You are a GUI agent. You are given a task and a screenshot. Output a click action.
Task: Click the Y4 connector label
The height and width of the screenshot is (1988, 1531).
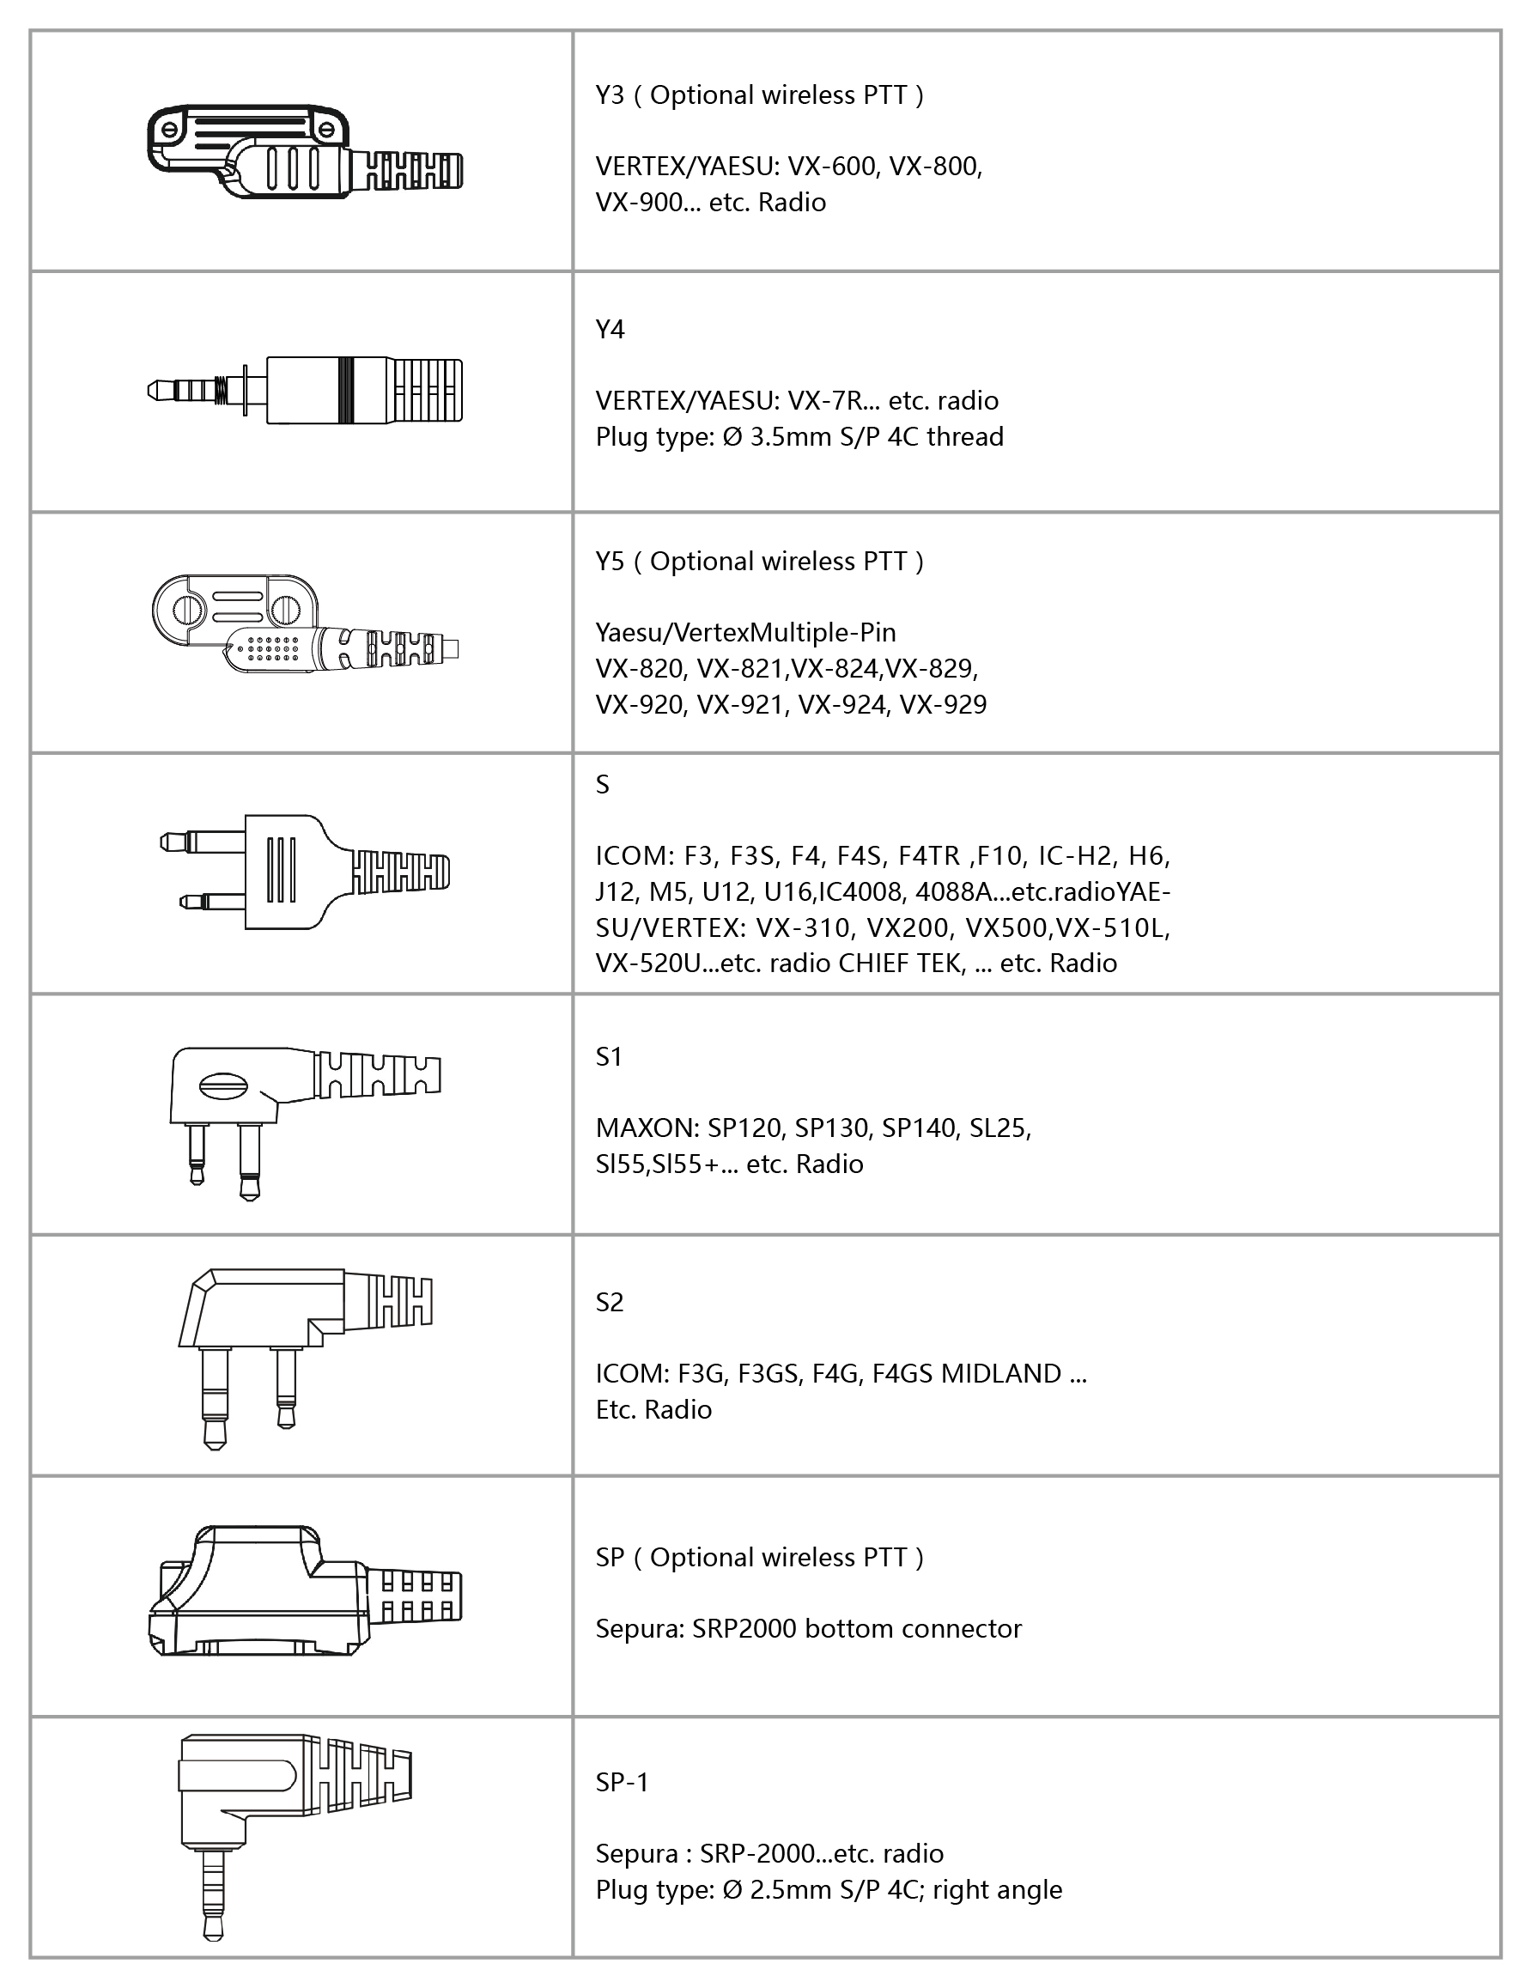[x=610, y=330]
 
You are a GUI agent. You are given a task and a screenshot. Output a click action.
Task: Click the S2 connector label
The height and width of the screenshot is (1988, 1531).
[x=609, y=1303]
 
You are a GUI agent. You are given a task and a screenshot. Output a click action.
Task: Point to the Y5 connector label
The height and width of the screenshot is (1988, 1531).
[x=610, y=562]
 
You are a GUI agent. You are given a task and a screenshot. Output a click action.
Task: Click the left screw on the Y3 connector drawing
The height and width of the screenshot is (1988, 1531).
[x=168, y=131]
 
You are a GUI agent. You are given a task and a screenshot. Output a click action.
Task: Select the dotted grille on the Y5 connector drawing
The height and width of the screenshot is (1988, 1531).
[x=273, y=648]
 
